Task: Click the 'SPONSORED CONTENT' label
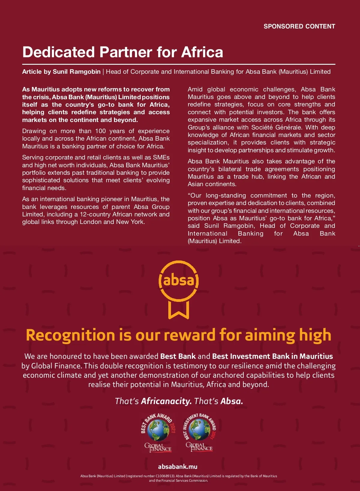pos(299,26)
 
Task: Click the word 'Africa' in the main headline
pos(202,52)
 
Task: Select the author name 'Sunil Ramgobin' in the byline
pos(76,72)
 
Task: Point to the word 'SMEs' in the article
pos(162,157)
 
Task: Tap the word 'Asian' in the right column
pos(195,184)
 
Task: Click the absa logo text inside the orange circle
pos(178,281)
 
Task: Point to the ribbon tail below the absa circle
pos(178,310)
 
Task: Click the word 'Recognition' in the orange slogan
pos(70,335)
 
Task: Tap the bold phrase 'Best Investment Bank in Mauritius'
pos(272,356)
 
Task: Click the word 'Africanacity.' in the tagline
pos(166,401)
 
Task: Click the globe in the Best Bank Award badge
pos(158,430)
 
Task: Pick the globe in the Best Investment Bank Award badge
pos(199,429)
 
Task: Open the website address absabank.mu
pos(178,466)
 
